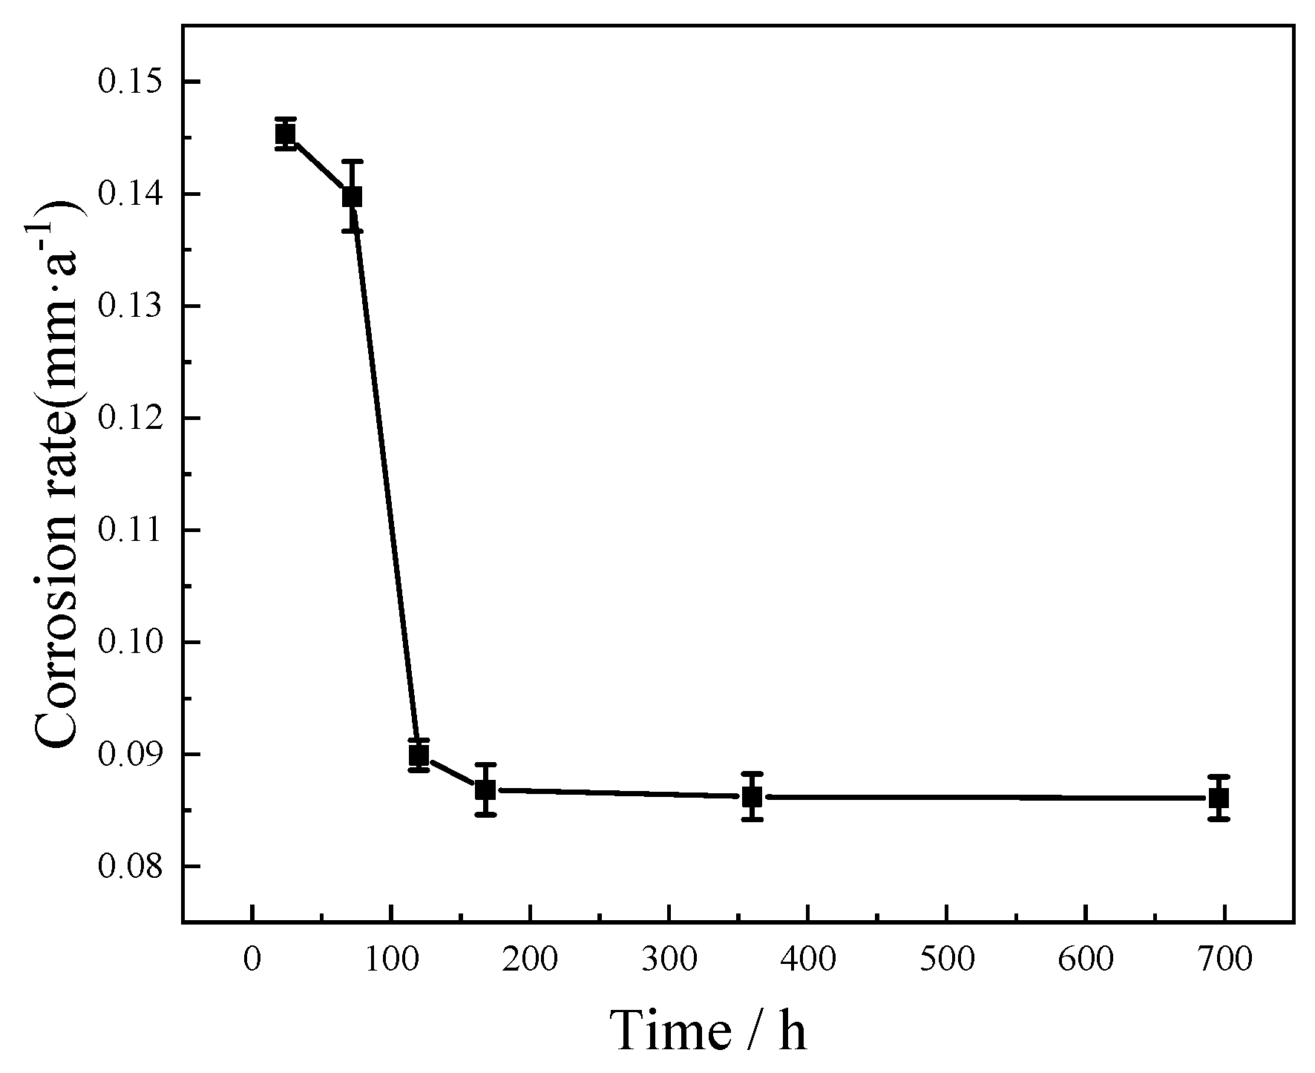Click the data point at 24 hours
[286, 134]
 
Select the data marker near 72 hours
[352, 196]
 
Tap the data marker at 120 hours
[419, 755]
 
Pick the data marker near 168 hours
[485, 790]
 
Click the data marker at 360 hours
[752, 797]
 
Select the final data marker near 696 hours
[1219, 798]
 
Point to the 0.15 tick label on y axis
[131, 82]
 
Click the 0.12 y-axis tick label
[131, 419]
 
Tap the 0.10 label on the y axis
[131, 643]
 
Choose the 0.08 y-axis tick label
[131, 867]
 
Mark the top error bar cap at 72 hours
[352, 161]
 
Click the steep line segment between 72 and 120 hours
[385, 475]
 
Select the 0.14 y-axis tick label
[131, 194]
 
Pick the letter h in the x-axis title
[792, 1030]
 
